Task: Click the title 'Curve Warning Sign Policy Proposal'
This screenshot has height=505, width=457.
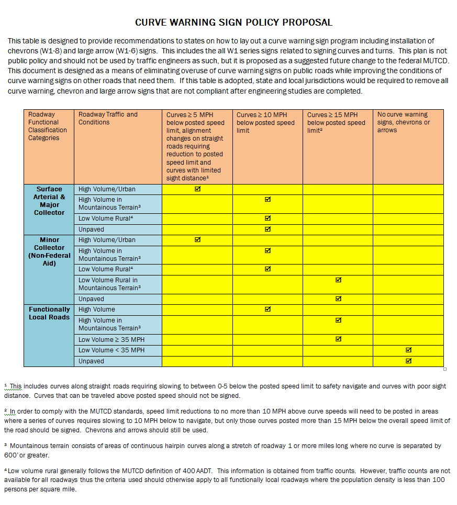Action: point(233,22)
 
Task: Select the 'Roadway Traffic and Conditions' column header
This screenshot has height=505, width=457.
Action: point(108,118)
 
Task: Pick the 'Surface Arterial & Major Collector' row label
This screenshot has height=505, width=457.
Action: point(49,201)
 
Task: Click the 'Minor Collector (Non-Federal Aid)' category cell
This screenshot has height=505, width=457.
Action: point(49,251)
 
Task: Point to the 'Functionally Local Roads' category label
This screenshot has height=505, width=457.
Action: point(49,313)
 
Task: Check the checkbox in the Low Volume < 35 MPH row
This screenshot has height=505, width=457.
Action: point(408,350)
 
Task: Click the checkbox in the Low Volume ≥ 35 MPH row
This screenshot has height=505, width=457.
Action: point(338,339)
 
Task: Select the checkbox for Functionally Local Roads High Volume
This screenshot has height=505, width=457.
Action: point(267,309)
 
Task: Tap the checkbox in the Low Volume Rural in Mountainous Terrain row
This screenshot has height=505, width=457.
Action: point(338,280)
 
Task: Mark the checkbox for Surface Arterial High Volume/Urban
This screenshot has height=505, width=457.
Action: point(197,189)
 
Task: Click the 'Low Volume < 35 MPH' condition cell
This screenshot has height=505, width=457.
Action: point(112,350)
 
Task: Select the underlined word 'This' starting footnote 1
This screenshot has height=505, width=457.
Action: point(16,386)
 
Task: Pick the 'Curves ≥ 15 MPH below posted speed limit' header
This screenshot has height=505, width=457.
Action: point(336,122)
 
